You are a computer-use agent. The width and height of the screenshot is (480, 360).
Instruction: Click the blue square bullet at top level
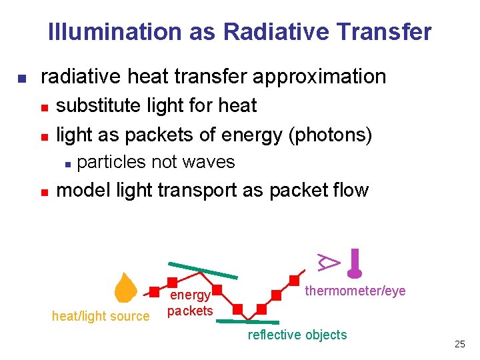pos(21,78)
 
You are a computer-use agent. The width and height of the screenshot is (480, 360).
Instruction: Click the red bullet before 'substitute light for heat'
pos(44,107)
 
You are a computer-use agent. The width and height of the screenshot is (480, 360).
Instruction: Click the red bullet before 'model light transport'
pos(44,192)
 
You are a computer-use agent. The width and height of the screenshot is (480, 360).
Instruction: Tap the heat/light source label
pos(101,316)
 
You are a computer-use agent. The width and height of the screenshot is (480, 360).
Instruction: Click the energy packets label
pos(190,303)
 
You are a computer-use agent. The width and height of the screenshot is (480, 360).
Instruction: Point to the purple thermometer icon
pos(355,263)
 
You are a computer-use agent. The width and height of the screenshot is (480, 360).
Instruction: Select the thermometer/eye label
pos(355,291)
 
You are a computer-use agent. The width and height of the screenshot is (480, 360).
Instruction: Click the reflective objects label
pos(297,335)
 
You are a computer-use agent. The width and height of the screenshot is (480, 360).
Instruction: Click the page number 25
pos(459,344)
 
